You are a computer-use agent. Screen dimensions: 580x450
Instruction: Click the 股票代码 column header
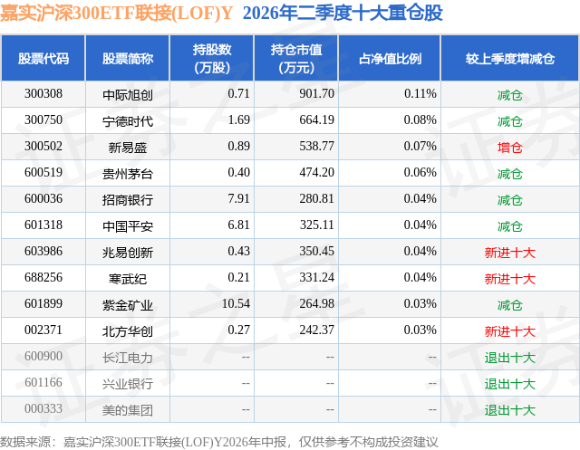[x=43, y=59]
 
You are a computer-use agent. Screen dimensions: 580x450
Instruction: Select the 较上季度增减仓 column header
[x=509, y=59]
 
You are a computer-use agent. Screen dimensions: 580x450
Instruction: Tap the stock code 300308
[x=43, y=94]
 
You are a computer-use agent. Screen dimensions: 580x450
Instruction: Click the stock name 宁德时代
[x=128, y=120]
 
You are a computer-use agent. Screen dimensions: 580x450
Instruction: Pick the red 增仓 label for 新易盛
[x=509, y=147]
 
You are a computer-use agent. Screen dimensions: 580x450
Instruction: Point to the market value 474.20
[x=316, y=173]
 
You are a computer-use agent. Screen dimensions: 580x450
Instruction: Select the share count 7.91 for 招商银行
[x=238, y=199]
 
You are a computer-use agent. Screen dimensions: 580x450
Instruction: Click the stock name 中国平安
[x=128, y=225]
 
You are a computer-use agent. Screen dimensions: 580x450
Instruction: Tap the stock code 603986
[x=43, y=251]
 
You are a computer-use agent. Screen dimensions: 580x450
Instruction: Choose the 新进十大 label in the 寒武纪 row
[x=509, y=278]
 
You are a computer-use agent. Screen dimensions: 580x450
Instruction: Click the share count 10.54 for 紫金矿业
[x=236, y=303]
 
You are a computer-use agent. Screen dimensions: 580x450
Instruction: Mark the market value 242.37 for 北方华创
[x=316, y=330]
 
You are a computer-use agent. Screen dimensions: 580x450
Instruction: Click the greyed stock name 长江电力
[x=128, y=357]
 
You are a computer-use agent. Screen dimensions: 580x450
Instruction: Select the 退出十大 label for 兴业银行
[x=509, y=383]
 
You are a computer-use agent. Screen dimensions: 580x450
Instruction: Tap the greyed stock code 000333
[x=43, y=408]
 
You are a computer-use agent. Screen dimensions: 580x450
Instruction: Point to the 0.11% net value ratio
[x=420, y=94]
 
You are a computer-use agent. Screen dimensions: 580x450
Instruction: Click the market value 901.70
[x=316, y=94]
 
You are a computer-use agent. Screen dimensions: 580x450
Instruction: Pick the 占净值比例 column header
[x=390, y=59]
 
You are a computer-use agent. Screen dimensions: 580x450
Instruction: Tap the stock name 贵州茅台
[x=128, y=173]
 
